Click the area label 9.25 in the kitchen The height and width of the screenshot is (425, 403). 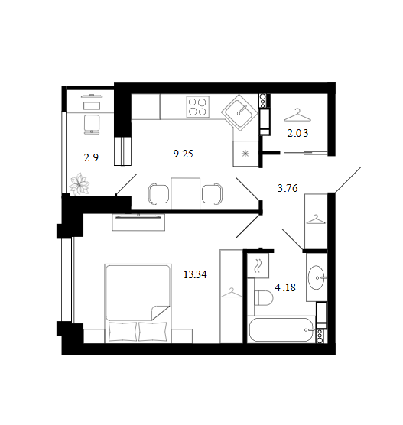[183, 154]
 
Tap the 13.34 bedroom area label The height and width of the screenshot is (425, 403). [195, 274]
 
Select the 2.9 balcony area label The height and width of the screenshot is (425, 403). [91, 157]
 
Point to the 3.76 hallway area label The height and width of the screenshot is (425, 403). [288, 188]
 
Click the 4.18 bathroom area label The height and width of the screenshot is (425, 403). [285, 287]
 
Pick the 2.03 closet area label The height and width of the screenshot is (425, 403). [297, 133]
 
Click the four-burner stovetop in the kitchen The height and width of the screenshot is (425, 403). [198, 107]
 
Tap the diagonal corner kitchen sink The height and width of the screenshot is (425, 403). [240, 112]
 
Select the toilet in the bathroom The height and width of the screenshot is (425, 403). [263, 298]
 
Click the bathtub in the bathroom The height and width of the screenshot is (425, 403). [281, 330]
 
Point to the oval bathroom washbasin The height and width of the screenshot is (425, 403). [317, 277]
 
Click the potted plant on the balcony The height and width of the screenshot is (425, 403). [80, 183]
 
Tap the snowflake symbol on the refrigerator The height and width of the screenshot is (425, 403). [245, 154]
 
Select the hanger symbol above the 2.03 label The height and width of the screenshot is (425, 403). [297, 115]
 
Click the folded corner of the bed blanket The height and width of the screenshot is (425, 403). [160, 313]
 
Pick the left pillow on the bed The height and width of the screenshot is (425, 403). [122, 332]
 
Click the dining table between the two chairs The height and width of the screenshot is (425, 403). [186, 193]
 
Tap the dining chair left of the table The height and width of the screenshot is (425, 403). [158, 194]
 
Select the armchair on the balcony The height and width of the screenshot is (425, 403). [92, 125]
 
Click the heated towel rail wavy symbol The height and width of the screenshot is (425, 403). [257, 265]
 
